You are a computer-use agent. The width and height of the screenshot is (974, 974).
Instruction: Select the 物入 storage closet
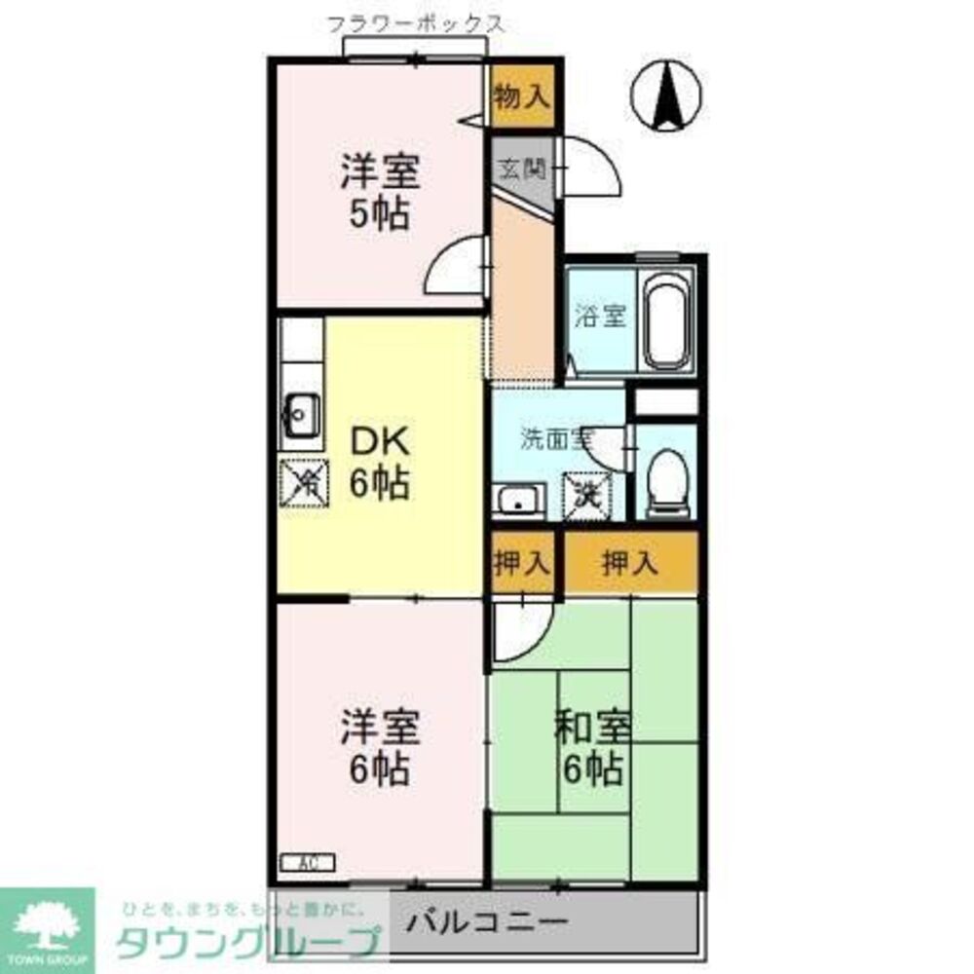point(523,95)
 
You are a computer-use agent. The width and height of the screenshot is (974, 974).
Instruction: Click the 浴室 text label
point(600,317)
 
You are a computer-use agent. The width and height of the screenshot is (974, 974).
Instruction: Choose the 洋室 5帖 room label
point(379,192)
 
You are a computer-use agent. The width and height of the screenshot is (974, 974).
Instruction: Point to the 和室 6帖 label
point(593,748)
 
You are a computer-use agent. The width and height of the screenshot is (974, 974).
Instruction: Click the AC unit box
point(307,862)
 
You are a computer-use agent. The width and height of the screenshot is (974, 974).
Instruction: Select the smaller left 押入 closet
point(522,562)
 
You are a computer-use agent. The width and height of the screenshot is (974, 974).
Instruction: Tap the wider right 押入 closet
point(631,562)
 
